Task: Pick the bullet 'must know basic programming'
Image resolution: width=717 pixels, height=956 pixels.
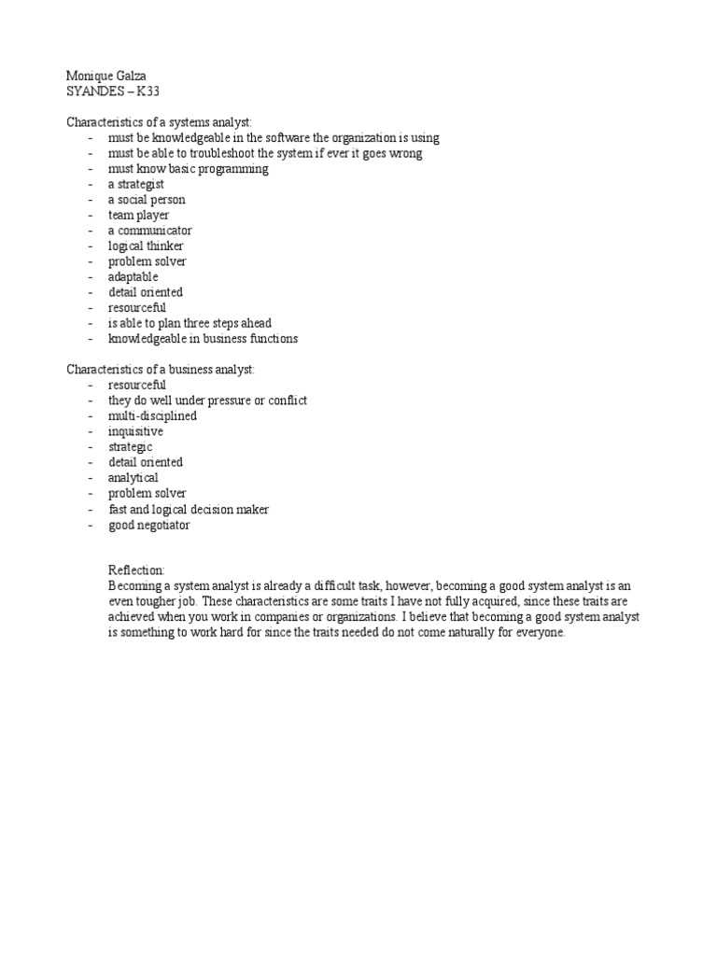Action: pos(188,169)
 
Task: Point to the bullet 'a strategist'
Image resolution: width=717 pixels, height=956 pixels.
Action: pos(136,184)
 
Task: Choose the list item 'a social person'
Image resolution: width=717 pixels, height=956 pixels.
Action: pos(147,200)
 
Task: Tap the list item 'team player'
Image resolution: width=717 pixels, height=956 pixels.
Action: pos(138,215)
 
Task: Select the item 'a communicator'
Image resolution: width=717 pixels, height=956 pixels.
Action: pos(149,231)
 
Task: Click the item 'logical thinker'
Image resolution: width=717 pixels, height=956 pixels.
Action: pos(146,246)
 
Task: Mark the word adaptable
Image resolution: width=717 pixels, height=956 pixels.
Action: pos(133,277)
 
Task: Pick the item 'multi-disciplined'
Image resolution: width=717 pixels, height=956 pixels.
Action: pos(152,415)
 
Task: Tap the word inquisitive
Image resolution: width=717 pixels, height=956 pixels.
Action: pos(135,431)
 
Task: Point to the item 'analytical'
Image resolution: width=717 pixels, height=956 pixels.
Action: pos(134,478)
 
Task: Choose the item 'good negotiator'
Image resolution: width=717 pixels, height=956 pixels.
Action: pos(148,525)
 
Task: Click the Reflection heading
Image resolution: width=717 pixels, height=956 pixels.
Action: pos(137,569)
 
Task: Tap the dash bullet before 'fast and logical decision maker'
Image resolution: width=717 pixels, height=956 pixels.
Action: pos(91,510)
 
